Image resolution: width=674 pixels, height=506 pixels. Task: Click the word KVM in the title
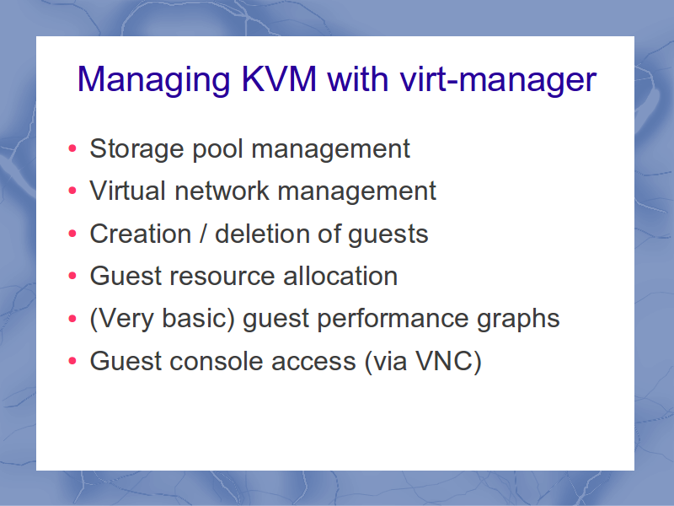click(x=279, y=78)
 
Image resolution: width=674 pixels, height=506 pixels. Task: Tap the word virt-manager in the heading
click(x=498, y=80)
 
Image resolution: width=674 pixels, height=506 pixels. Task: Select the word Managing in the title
click(x=154, y=80)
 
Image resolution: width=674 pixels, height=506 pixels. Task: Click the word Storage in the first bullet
click(x=136, y=149)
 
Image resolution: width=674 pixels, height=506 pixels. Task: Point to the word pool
click(x=217, y=149)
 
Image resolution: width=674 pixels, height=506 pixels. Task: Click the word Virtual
click(x=127, y=191)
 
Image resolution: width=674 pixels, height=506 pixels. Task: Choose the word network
click(x=222, y=191)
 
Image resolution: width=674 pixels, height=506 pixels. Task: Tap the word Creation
click(x=140, y=234)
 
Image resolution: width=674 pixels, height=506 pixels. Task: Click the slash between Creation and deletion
click(x=203, y=234)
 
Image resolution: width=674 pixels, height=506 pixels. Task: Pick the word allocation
click(x=340, y=276)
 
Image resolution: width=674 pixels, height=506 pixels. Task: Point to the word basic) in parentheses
click(x=198, y=319)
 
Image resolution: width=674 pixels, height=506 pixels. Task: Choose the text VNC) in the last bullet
click(x=448, y=361)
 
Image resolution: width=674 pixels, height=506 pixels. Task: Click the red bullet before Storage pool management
click(x=72, y=148)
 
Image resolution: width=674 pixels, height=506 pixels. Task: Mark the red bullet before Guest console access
click(x=72, y=361)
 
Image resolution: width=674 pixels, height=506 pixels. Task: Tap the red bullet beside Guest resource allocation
click(x=72, y=276)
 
